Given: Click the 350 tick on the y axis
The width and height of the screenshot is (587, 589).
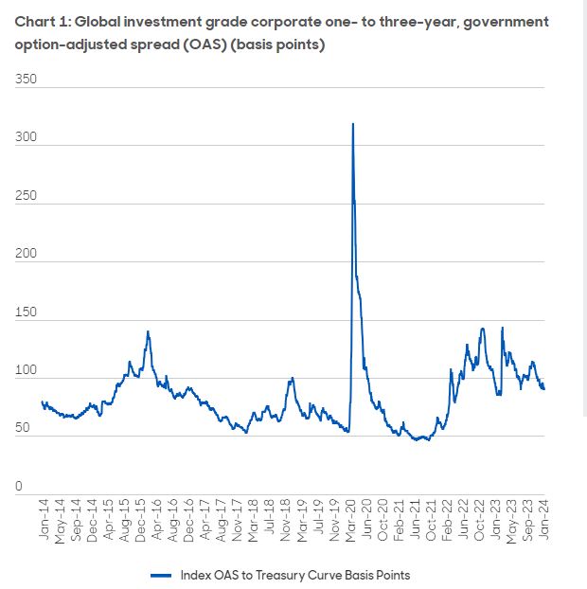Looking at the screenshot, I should (x=27, y=80).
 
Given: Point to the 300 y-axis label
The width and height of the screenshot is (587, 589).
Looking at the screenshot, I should (x=27, y=138).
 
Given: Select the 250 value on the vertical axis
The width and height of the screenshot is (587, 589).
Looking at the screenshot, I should (x=27, y=196).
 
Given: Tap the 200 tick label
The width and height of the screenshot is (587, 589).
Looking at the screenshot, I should (x=27, y=255).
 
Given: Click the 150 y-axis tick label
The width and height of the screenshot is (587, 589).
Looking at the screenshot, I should (x=27, y=312).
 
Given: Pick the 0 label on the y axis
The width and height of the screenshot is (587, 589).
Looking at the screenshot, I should (x=18, y=487).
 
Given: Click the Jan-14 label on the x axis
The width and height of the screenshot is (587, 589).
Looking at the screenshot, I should (x=44, y=520).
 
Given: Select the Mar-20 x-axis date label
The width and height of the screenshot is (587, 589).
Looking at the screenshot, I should (x=351, y=520).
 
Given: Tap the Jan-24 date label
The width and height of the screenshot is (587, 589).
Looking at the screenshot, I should (x=545, y=520).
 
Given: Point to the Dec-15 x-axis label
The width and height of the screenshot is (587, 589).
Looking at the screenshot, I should (x=141, y=520).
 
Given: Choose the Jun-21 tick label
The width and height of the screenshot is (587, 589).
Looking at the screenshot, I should (x=417, y=520).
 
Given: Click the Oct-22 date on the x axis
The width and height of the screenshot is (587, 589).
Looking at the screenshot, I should (x=481, y=520).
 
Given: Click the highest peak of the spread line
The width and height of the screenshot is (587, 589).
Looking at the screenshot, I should (x=353, y=123).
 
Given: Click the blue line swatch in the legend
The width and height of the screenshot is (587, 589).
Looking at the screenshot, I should (x=160, y=575).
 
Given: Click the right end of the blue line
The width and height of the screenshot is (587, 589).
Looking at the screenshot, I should (x=544, y=388).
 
